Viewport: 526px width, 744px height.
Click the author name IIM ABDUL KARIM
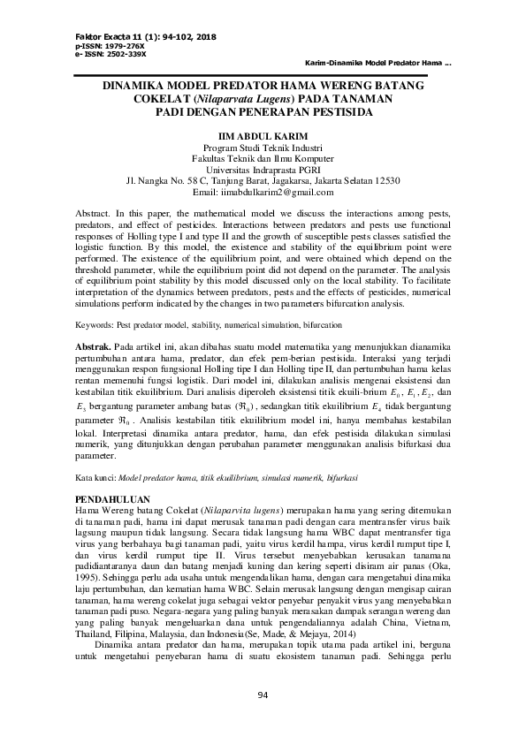[263, 134]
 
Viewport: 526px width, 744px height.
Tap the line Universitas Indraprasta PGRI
[263, 169]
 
